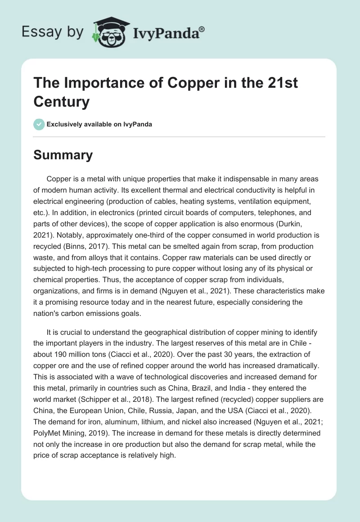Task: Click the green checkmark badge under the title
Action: coord(39,124)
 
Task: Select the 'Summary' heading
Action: coord(63,155)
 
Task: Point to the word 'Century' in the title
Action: coord(61,102)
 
